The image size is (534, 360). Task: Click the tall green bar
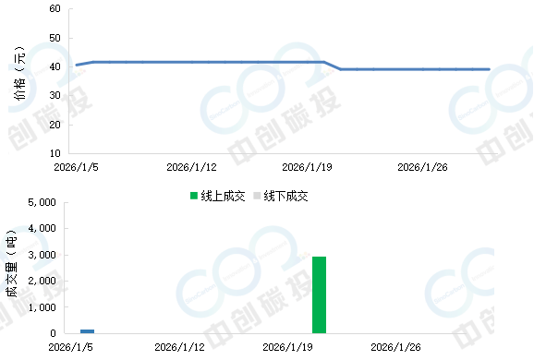319,295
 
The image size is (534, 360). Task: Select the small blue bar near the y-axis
87,330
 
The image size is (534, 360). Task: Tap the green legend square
194,195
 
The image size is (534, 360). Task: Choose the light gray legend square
257,195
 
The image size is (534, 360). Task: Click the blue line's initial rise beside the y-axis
82,64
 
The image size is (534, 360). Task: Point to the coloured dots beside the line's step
329,71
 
